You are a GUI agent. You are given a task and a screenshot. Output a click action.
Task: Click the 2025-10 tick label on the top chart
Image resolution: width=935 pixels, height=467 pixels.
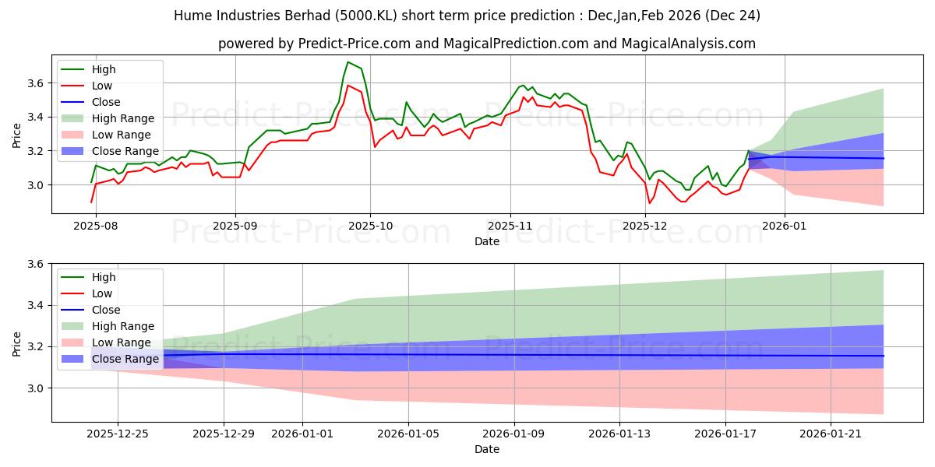370,225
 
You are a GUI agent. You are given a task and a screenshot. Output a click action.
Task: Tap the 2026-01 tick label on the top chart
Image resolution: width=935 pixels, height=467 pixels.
784,225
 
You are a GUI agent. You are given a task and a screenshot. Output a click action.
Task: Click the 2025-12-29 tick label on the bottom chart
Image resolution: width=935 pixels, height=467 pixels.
224,434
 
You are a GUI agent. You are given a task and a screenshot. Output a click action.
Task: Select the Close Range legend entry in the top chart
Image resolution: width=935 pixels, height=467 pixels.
125,151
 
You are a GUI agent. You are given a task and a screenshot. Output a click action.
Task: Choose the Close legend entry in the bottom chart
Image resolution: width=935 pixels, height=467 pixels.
106,310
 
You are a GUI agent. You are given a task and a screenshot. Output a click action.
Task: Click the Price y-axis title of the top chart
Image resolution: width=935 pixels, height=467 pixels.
17,133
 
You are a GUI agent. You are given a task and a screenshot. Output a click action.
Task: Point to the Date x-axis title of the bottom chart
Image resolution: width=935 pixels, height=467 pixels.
487,449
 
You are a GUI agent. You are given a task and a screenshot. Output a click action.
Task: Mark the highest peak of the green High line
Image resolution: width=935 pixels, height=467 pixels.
348,62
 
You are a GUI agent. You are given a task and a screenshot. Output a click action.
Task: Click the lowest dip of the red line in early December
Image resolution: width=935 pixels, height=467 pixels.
649,203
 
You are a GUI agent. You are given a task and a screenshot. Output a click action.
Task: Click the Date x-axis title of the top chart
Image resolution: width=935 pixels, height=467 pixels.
487,241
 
